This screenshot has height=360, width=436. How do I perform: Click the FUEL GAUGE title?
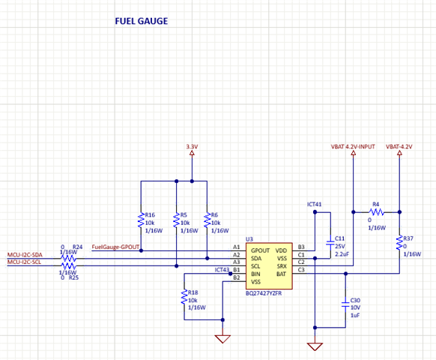coord(142,21)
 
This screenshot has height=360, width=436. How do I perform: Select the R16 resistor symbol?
coord(141,220)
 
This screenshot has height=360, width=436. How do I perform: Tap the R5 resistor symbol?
coord(176,220)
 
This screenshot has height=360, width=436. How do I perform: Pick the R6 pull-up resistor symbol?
coord(208,220)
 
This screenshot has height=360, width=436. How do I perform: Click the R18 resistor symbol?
coord(184,297)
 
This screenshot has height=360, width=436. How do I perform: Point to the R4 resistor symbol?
coord(377,212)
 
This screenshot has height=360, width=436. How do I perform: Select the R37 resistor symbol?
coord(399,243)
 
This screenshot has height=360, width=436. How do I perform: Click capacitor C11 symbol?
coord(330,243)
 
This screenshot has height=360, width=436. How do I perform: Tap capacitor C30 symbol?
coord(345,304)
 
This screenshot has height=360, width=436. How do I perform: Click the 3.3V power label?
coord(192,146)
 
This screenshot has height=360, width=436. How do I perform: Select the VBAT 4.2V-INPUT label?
coord(353,146)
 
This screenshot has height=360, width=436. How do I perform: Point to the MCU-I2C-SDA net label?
coord(25,255)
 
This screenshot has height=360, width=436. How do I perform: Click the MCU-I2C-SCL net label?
coord(24,262)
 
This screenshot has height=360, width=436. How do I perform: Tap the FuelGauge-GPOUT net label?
coord(115,247)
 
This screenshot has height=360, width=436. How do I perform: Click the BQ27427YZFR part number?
coord(264,293)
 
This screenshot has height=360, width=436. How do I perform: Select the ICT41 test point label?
coord(314,204)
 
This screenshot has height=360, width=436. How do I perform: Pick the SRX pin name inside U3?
coord(282,266)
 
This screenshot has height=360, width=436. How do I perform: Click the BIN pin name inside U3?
coord(255,274)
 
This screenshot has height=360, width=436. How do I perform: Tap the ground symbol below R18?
coord(222,339)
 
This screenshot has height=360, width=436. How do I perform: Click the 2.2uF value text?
coord(342,254)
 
